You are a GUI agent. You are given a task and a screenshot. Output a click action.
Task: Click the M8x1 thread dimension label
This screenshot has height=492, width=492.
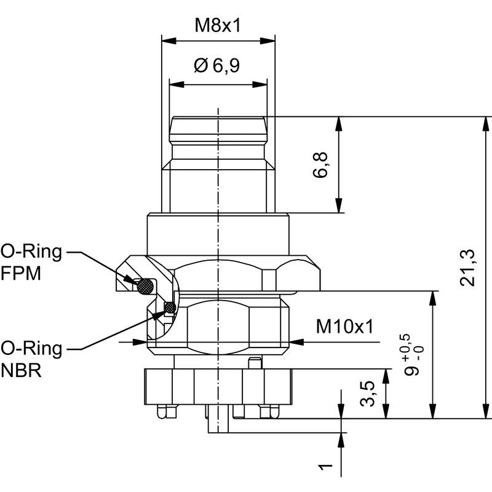218,26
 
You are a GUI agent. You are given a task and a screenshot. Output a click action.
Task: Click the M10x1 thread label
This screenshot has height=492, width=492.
345,326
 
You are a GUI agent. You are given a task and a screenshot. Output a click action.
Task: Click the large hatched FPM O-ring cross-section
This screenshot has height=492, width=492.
146,285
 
